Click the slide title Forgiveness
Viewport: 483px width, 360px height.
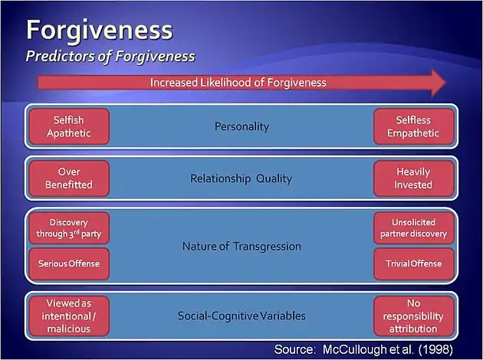click(99, 30)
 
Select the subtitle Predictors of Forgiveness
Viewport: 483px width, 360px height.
click(110, 56)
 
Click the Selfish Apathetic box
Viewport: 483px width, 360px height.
click(69, 126)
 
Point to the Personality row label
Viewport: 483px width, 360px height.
click(242, 126)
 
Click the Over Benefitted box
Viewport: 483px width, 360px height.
click(69, 178)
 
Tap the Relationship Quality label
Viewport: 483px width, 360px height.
click(242, 178)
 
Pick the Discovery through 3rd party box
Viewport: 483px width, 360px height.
click(69, 228)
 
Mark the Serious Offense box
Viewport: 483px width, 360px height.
click(69, 264)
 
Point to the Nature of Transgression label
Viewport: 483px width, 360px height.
click(242, 247)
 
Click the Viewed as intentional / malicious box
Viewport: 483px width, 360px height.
click(69, 316)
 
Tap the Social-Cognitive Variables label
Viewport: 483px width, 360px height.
click(242, 316)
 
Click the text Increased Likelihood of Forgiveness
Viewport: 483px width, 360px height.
click(238, 82)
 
